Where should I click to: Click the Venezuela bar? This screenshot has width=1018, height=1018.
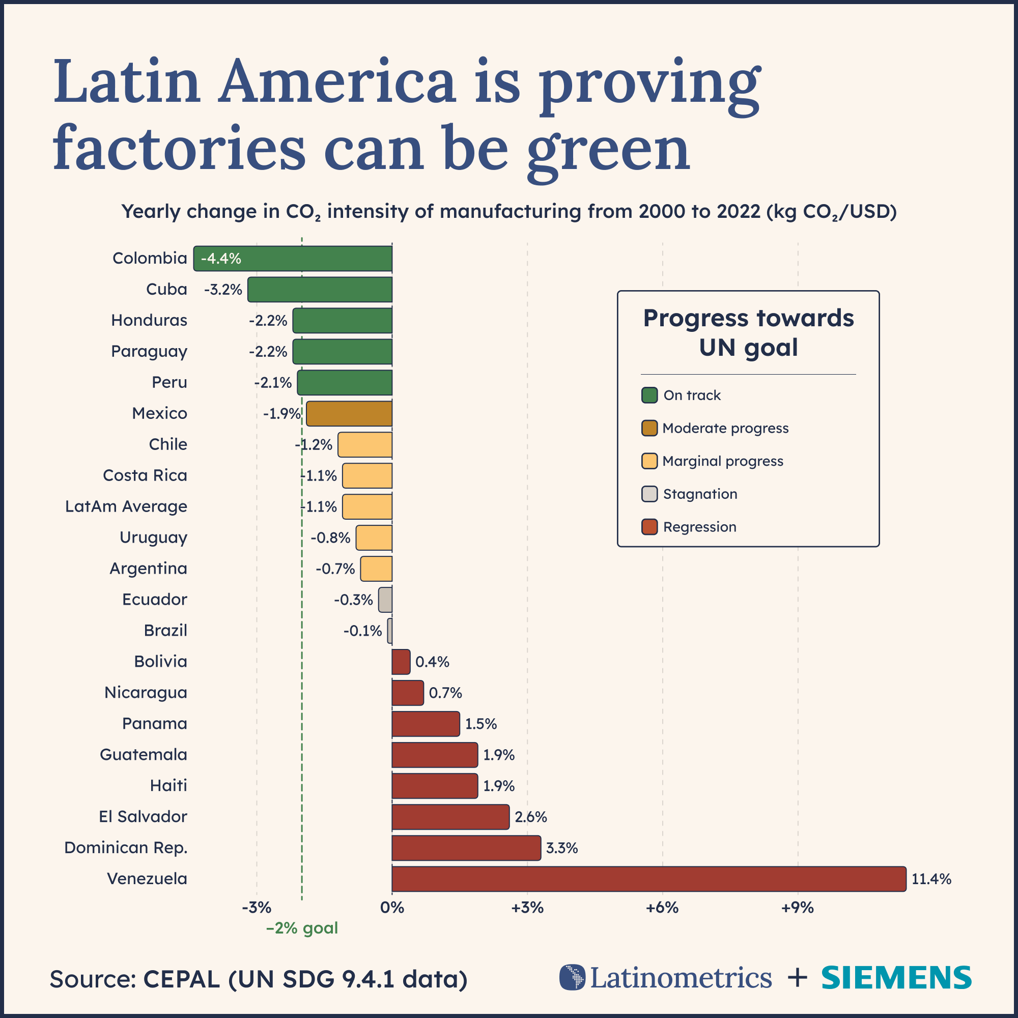[648, 879]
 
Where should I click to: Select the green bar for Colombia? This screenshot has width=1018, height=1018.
[316, 259]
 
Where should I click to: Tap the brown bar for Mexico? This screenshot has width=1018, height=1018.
[349, 414]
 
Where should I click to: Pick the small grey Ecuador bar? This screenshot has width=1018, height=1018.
[385, 600]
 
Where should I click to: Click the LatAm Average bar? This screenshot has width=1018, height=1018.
[367, 506]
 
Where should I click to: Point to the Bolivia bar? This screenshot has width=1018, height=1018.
[401, 662]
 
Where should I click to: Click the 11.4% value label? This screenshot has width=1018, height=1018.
[931, 879]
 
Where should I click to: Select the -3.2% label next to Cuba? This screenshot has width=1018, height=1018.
[223, 290]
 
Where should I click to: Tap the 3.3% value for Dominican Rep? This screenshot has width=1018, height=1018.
[562, 848]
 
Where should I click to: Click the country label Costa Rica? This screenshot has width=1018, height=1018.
[145, 475]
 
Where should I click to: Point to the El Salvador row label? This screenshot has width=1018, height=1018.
[143, 817]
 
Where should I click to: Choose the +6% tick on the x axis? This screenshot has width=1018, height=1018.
[662, 908]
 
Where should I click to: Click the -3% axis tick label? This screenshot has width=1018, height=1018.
[257, 908]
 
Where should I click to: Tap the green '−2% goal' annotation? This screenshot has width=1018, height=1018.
[302, 928]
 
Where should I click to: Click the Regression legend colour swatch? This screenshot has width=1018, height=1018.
[649, 527]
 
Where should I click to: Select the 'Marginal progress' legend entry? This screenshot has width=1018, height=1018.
[722, 461]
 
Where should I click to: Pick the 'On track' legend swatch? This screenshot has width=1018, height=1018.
[649, 395]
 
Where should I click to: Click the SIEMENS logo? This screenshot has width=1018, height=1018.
[896, 978]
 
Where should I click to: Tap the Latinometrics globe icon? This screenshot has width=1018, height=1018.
[572, 977]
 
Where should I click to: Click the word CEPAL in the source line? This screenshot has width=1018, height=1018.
[181, 979]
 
